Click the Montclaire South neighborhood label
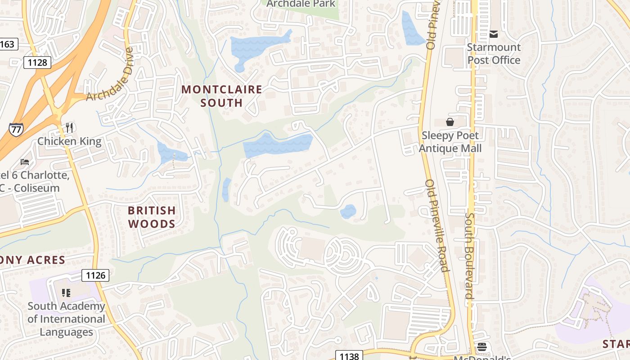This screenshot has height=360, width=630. tap(221, 96)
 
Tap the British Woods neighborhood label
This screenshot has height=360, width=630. tap(152, 217)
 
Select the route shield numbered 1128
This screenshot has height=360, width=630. tap(37, 63)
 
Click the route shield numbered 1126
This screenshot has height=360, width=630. tap(95, 275)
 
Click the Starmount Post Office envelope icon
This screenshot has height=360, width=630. tap(494, 34)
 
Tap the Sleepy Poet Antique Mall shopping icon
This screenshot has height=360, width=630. tap(450, 121)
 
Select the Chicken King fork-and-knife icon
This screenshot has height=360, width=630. tap(69, 128)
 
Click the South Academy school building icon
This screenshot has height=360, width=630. tap(66, 293)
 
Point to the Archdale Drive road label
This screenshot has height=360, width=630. tap(110, 74)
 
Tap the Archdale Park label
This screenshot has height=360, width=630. tap(301, 4)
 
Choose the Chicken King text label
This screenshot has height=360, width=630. tap(69, 141)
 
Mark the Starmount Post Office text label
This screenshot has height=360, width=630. tap(494, 54)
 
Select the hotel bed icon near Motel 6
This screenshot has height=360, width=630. tap(25, 162)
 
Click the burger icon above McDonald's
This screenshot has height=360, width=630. tap(482, 347)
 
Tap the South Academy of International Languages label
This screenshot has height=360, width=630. tap(66, 319)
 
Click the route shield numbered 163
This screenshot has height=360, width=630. tap(7, 44)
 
